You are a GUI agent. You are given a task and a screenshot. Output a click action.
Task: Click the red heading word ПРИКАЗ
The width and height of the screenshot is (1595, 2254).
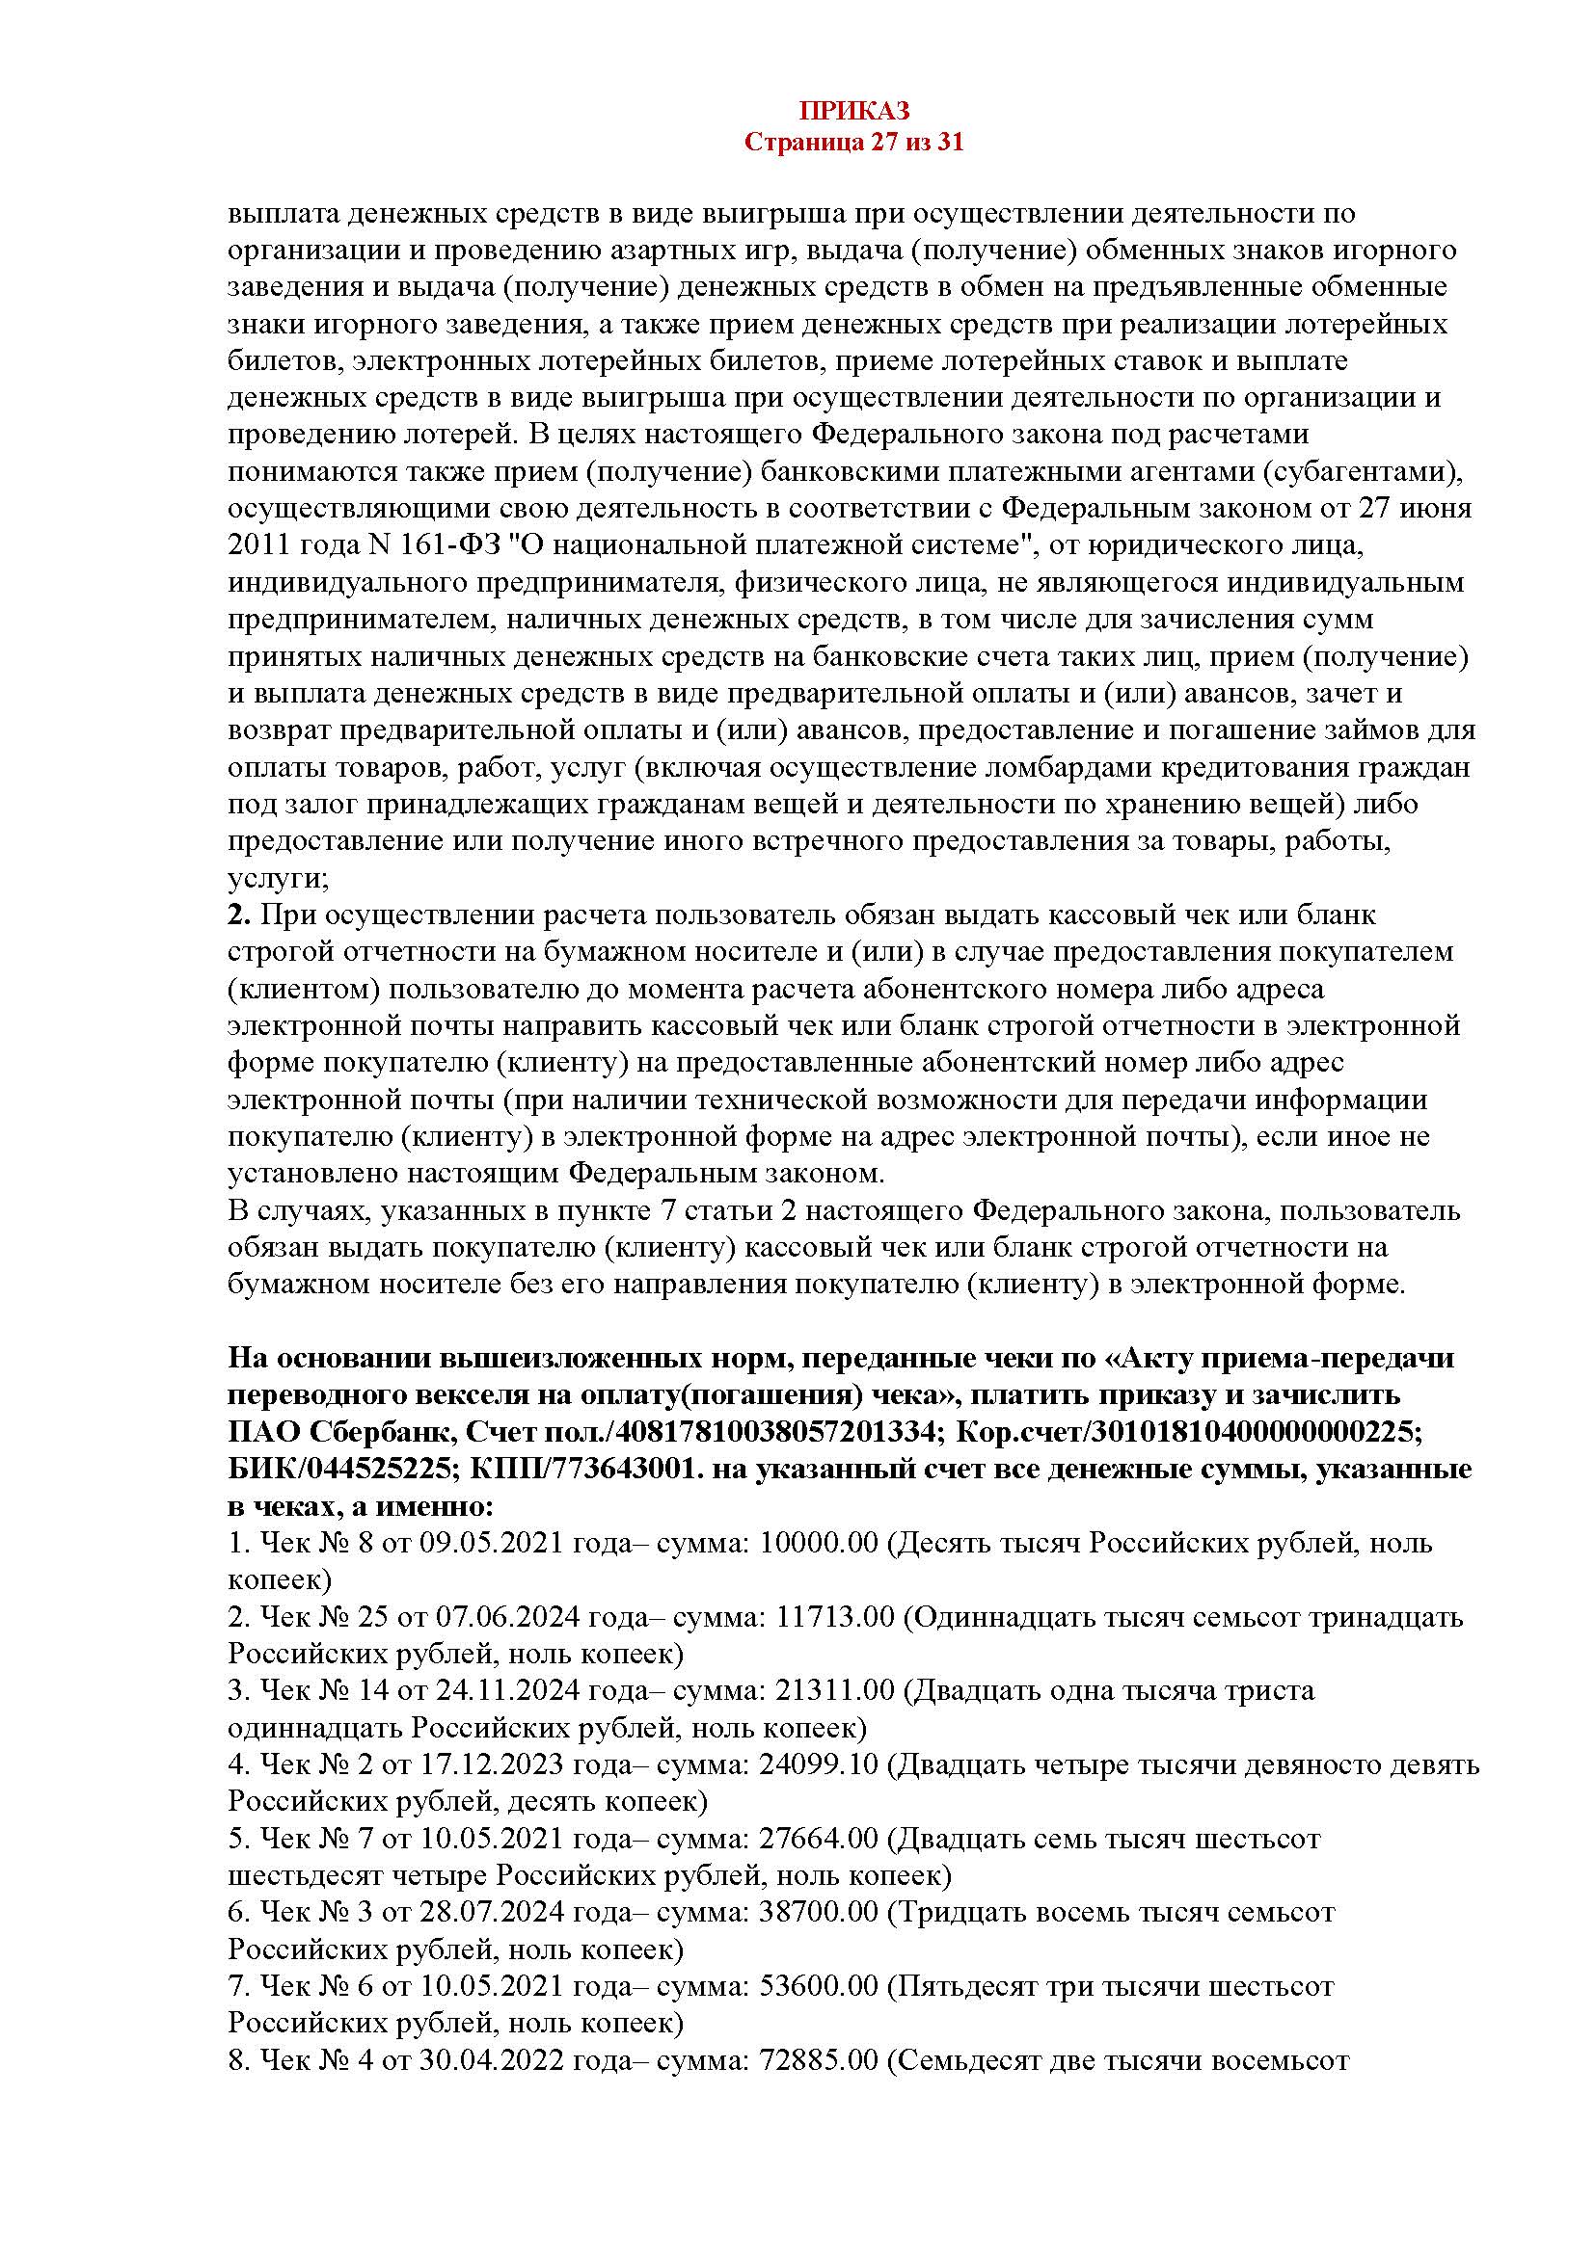pyautogui.click(x=853, y=111)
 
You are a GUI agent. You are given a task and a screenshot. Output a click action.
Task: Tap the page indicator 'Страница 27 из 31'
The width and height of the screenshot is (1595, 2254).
pyautogui.click(x=853, y=143)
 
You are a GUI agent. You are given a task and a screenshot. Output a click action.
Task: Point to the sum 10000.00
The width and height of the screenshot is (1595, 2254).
pyautogui.click(x=819, y=1543)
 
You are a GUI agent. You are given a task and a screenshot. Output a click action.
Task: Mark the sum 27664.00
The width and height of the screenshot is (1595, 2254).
pyautogui.click(x=819, y=1838)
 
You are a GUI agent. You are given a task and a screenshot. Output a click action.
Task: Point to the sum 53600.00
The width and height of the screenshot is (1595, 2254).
pyautogui.click(x=819, y=1985)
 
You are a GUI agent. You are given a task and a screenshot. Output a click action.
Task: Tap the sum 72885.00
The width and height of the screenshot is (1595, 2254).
pyautogui.click(x=819, y=2058)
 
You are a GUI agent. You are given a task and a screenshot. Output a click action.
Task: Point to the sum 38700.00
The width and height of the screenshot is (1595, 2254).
pyautogui.click(x=819, y=1911)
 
